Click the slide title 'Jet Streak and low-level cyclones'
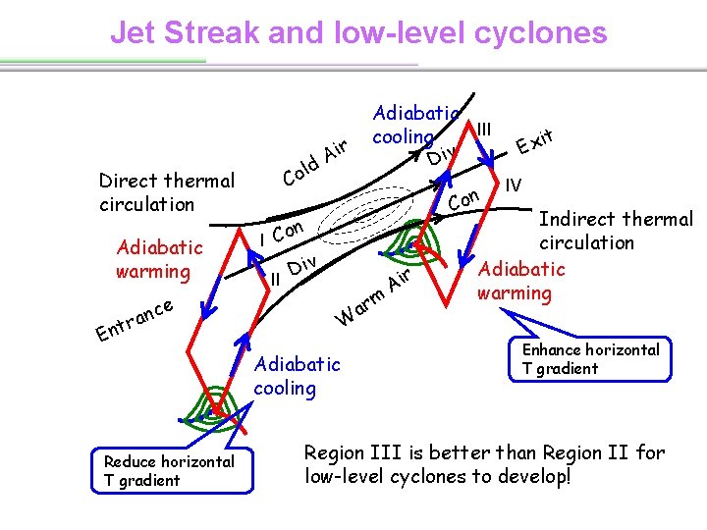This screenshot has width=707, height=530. (x=358, y=32)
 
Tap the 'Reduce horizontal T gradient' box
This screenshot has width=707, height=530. (x=170, y=470)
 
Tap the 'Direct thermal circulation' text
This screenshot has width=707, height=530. (x=167, y=191)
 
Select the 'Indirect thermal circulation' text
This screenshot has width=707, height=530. (x=616, y=230)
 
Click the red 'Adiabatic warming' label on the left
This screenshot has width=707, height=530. (x=159, y=259)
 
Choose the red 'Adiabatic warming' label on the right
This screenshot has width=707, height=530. (x=520, y=280)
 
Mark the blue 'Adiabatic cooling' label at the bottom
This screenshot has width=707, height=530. (x=297, y=375)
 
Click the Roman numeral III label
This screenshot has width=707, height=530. (x=484, y=129)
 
